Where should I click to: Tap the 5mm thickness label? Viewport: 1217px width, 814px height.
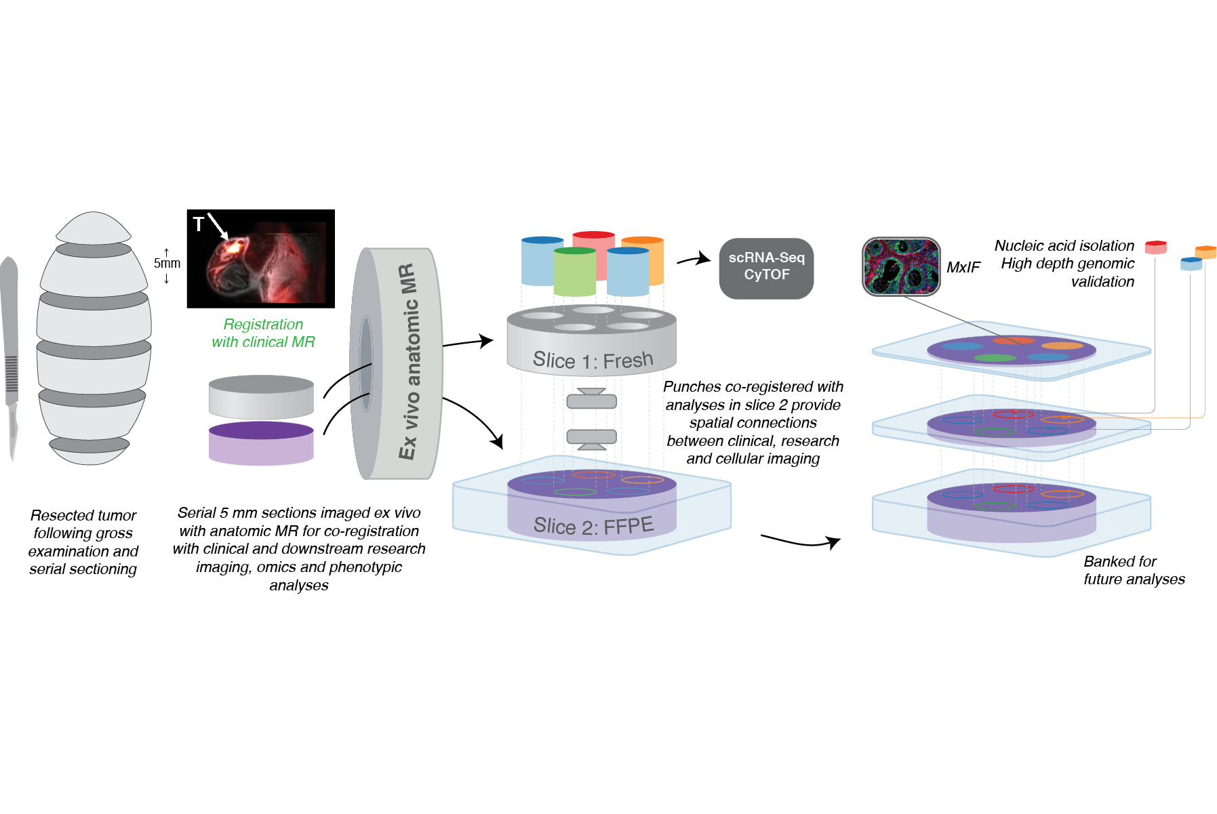[167, 263]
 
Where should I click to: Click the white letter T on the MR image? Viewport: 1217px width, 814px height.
[198, 224]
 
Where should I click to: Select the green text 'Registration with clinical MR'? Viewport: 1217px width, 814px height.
[263, 333]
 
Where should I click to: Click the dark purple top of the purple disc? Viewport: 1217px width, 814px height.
[261, 430]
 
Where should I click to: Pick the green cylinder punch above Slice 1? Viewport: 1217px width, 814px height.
[574, 272]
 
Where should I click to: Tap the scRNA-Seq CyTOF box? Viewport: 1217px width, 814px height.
[766, 268]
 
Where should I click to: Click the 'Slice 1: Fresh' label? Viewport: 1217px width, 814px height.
[593, 360]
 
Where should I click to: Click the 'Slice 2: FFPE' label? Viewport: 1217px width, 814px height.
[593, 525]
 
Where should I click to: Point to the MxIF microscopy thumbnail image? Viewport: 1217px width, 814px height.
[901, 266]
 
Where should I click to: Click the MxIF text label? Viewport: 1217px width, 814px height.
[963, 268]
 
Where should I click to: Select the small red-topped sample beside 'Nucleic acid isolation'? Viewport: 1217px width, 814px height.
[1155, 247]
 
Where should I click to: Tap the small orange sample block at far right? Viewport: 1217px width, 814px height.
[1205, 251]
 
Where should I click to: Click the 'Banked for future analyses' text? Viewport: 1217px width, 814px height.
[1134, 570]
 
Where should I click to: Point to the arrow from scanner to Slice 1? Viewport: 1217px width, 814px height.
[468, 342]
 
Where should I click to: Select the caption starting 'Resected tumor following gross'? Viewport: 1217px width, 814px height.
[83, 542]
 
